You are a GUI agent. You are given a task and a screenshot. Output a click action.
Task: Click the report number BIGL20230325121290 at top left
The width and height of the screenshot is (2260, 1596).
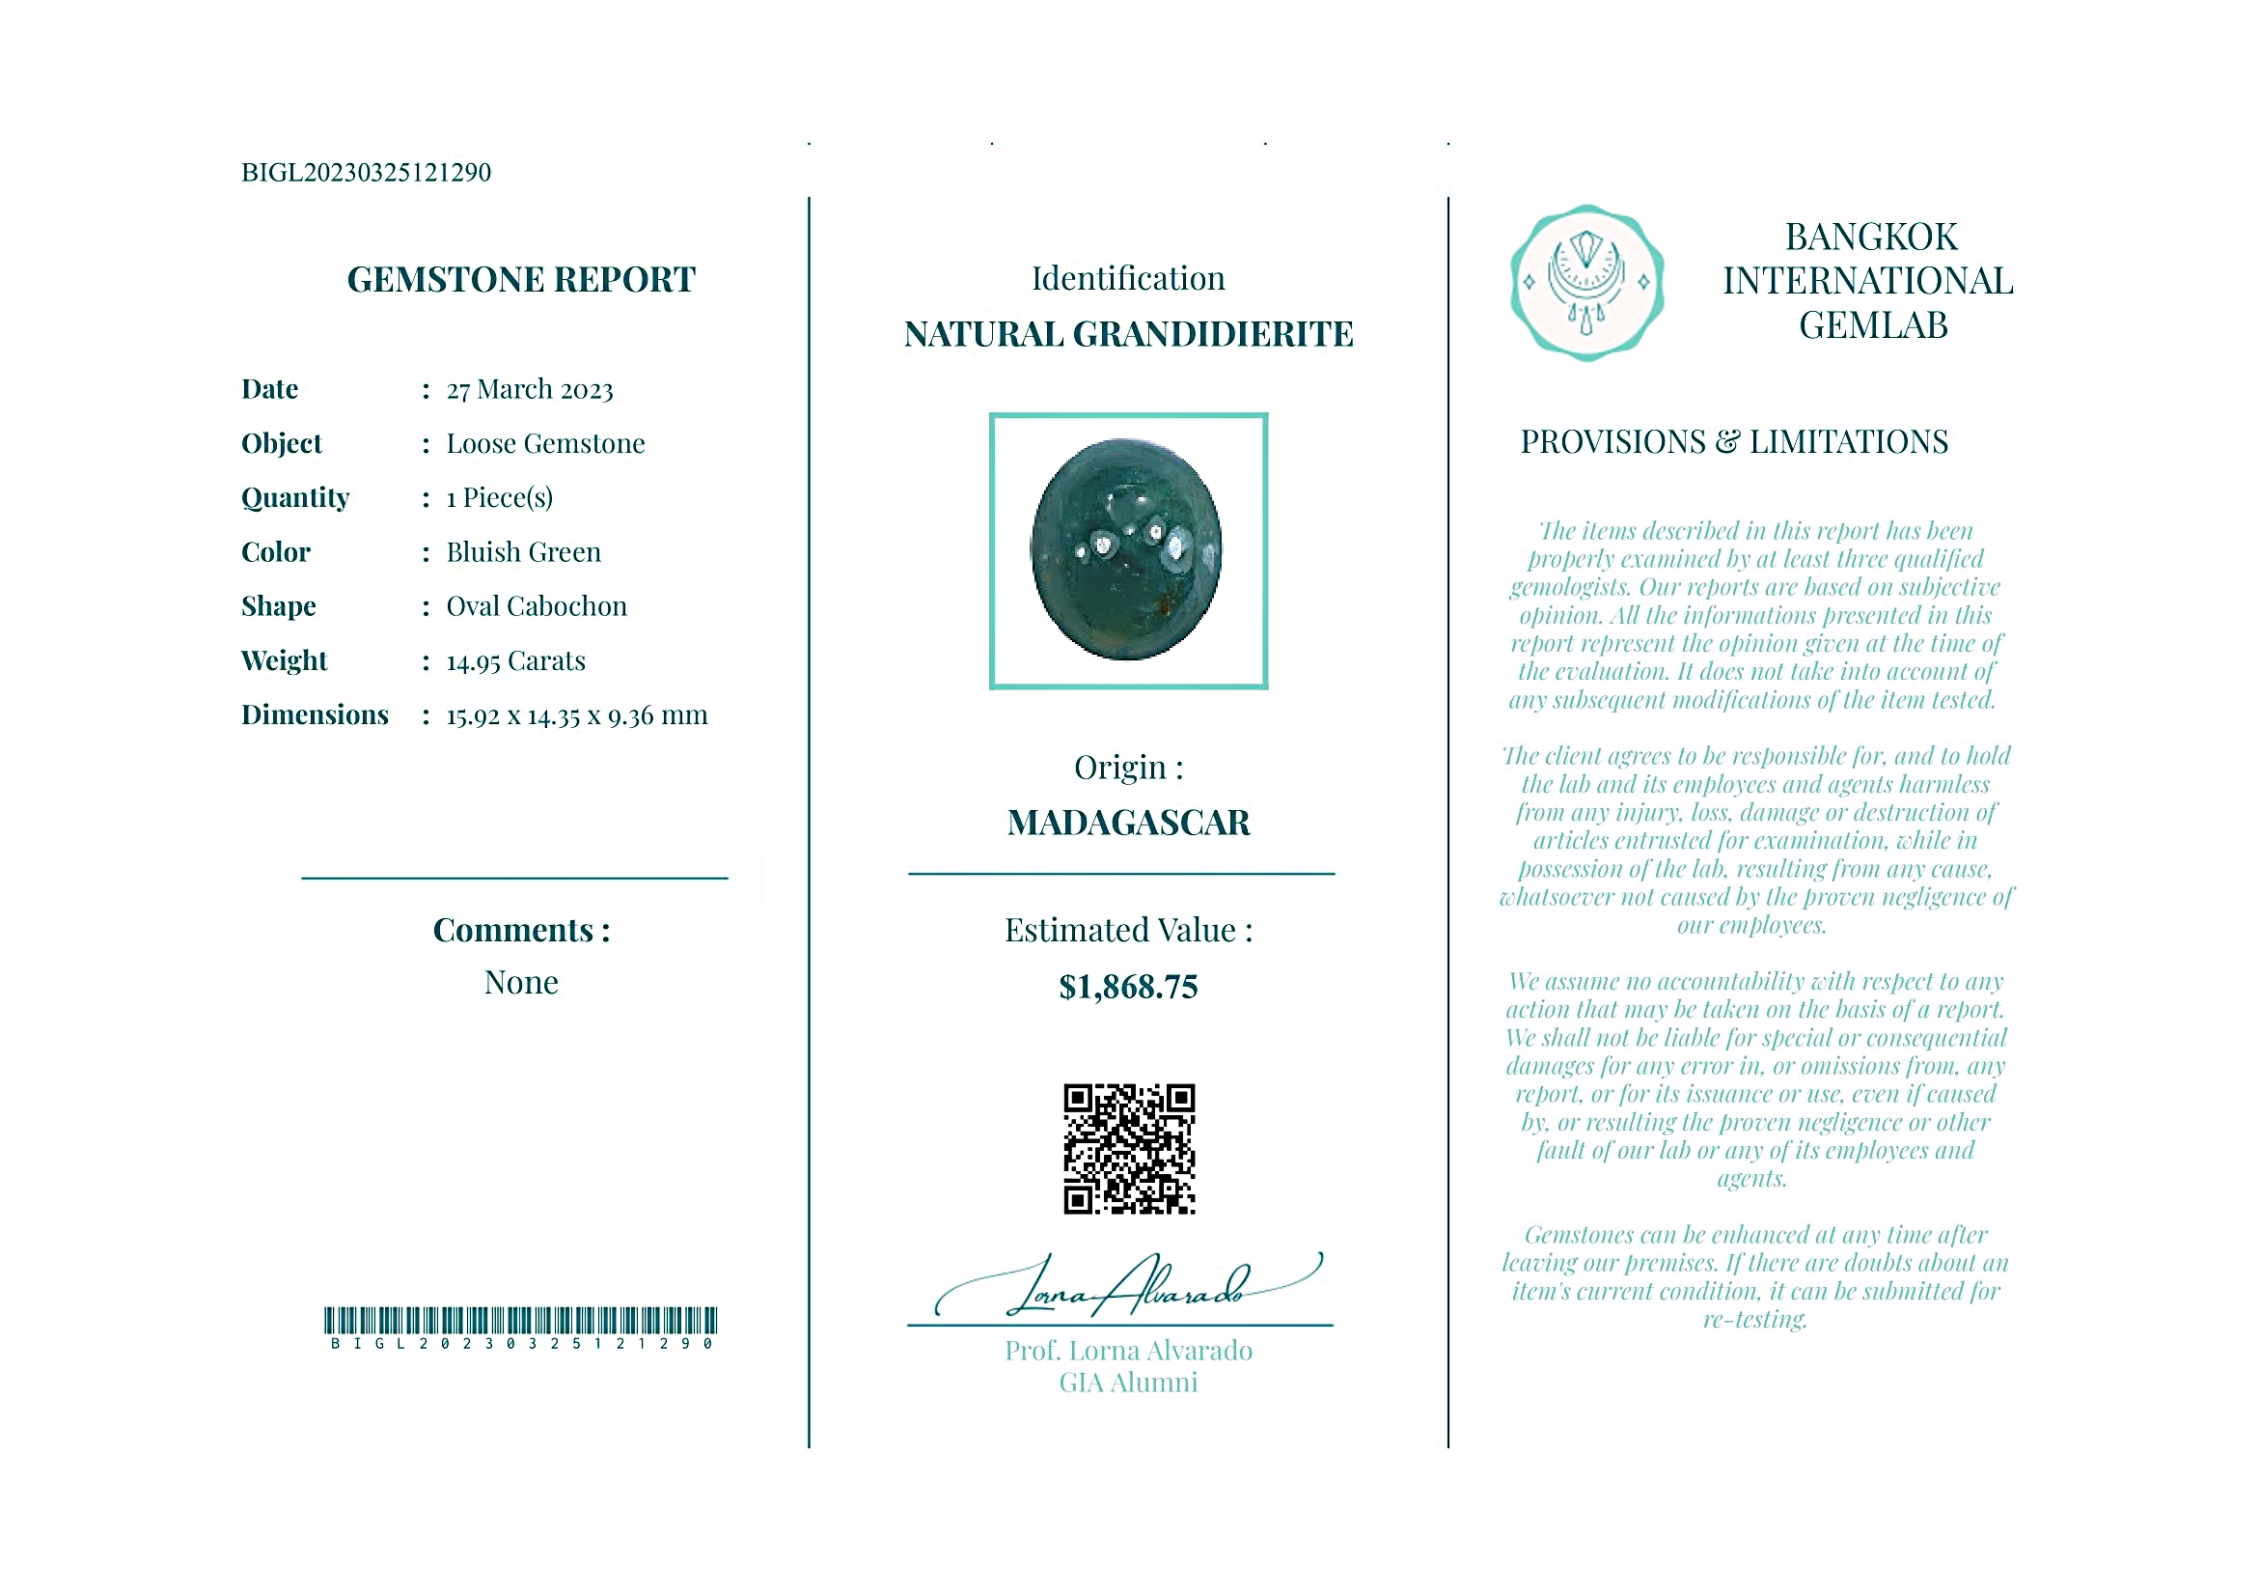tap(365, 172)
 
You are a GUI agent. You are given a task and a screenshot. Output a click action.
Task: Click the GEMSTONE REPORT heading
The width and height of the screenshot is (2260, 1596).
tap(521, 280)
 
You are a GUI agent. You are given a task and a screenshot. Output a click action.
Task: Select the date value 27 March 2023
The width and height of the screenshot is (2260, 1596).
tap(530, 390)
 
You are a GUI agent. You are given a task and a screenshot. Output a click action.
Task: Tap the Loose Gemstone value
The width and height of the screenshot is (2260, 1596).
tap(545, 444)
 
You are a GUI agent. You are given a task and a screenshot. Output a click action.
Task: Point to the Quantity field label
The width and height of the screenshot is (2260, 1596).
tap(295, 498)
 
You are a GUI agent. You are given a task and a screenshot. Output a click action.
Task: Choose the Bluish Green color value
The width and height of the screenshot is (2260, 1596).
tap(523, 552)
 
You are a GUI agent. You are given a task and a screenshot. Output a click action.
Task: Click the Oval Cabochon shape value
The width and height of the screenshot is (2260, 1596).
tap(537, 606)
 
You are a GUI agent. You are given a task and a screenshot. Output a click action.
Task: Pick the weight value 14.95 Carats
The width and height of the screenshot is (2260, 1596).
tap(515, 660)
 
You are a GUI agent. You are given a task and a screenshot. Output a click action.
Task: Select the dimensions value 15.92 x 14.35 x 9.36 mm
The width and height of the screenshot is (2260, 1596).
tap(577, 715)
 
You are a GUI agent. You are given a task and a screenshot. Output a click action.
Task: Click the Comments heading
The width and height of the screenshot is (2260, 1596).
tap(521, 931)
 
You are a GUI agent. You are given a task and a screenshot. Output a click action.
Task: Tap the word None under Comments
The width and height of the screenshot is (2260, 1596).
tap(521, 983)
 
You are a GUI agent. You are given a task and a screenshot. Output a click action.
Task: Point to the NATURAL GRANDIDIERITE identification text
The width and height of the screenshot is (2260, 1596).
tap(1128, 335)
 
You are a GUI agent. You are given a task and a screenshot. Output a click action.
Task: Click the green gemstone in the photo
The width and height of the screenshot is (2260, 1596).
tap(1126, 549)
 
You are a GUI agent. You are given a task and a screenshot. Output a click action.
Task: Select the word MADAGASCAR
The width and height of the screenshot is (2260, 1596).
tap(1128, 824)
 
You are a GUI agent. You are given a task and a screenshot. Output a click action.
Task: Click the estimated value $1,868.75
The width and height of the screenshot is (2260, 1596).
tap(1128, 987)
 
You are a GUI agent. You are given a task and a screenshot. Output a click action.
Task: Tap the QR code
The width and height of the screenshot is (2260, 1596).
tap(1129, 1149)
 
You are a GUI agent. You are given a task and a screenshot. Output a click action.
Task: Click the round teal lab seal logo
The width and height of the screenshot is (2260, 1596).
tap(1585, 283)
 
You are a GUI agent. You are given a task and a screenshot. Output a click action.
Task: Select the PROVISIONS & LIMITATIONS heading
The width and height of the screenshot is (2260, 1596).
tap(1733, 442)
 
